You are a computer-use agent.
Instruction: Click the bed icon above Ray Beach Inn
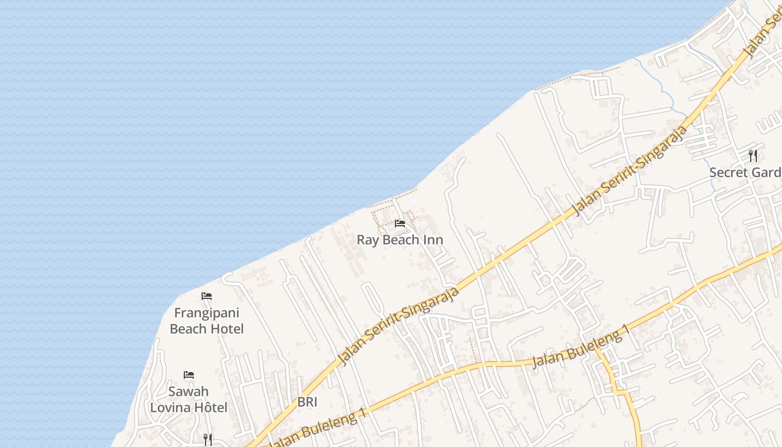coord(399,223)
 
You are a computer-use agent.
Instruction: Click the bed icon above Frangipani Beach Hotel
coord(207,296)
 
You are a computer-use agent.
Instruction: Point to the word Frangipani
coord(207,312)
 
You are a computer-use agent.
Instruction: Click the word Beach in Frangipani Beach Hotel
coord(188,329)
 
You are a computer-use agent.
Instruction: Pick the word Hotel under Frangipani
coord(226,329)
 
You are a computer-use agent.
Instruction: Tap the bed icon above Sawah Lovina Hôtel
coord(189,375)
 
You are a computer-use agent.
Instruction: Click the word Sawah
coord(189,391)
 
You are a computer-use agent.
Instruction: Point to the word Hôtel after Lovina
coord(209,407)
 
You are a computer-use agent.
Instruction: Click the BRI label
coord(307,402)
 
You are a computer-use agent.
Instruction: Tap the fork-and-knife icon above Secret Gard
coord(753,156)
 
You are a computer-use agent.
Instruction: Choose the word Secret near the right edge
coord(728,172)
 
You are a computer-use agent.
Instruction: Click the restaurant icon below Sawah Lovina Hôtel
coord(207,440)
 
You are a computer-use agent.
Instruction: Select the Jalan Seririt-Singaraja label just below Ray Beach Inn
coord(399,325)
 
